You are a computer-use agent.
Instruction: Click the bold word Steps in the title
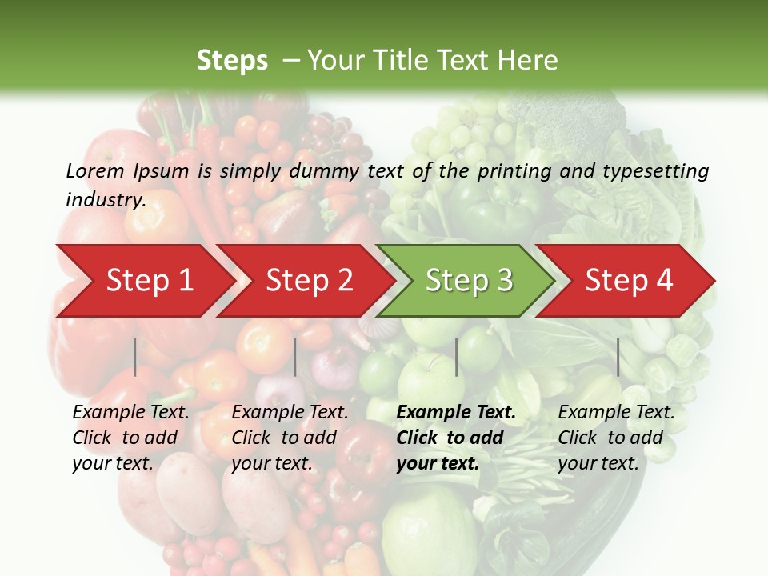[232, 61]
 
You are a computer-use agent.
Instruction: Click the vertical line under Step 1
[135, 357]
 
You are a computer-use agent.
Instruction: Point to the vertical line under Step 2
[295, 357]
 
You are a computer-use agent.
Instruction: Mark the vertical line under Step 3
[456, 357]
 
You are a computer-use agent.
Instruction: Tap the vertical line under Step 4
[618, 357]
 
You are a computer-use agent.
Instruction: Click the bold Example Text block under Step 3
[456, 438]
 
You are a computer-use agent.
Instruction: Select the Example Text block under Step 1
[130, 438]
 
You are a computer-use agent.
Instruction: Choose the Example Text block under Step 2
[290, 438]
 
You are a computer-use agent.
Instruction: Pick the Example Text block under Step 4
[616, 438]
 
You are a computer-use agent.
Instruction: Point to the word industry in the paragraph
[106, 199]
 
